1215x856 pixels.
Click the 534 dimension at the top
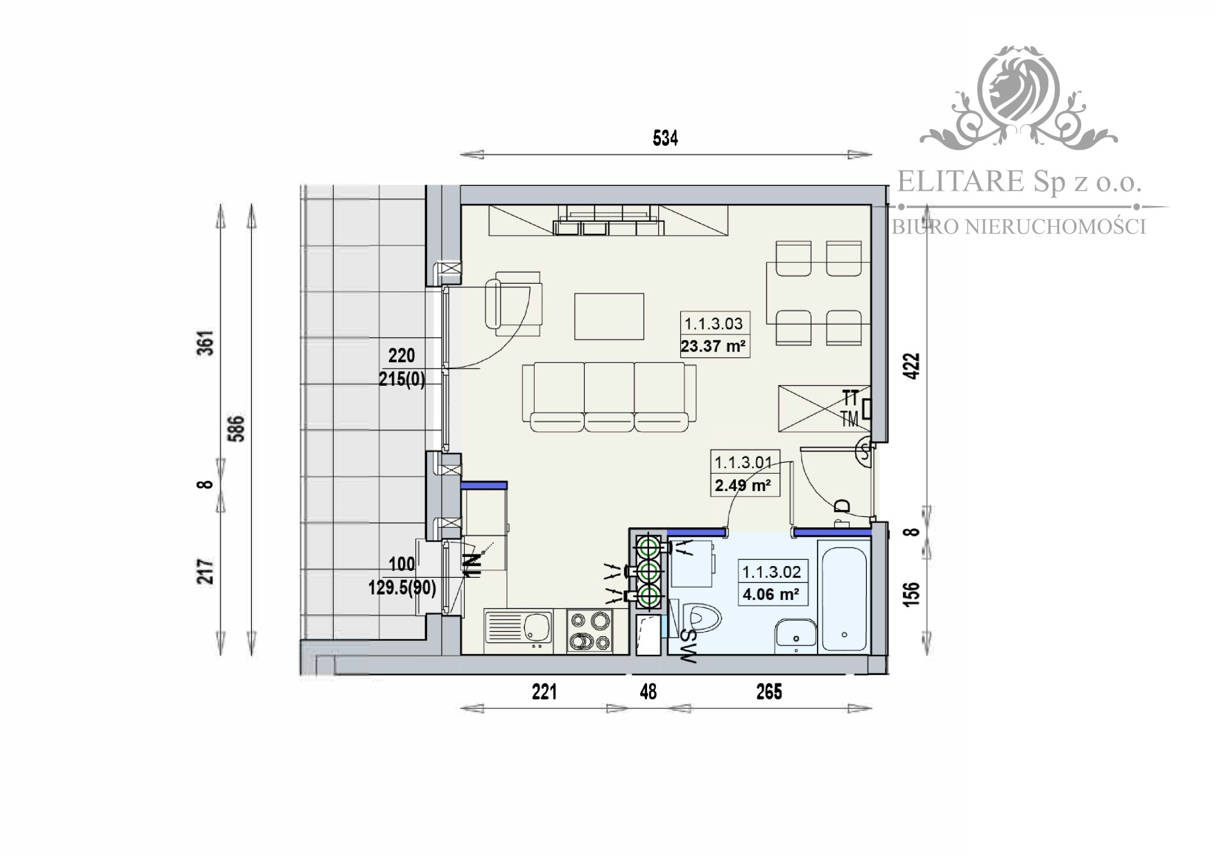click(x=664, y=139)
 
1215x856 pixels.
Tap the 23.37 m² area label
click(x=714, y=345)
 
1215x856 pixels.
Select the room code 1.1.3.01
click(x=743, y=462)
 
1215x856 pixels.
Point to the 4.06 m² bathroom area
click(x=771, y=594)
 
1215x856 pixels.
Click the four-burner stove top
click(x=589, y=631)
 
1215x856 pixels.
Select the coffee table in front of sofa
click(x=609, y=316)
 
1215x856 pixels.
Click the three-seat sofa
click(x=610, y=396)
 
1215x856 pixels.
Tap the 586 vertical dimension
click(x=238, y=429)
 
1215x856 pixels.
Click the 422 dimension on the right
click(x=913, y=366)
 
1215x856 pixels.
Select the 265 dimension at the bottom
click(x=768, y=692)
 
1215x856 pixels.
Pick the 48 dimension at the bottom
click(x=648, y=692)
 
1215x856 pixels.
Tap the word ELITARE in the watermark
click(x=960, y=182)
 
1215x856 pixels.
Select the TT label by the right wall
click(x=850, y=398)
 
